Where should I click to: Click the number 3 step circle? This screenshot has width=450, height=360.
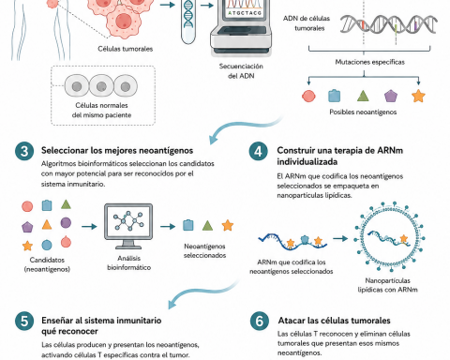tap(24, 151)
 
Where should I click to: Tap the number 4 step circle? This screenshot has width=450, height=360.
tap(258, 151)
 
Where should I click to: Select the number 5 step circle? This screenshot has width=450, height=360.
tap(24, 321)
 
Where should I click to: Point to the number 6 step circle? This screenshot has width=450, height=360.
tap(260, 321)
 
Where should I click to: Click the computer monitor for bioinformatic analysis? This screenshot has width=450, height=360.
tap(128, 226)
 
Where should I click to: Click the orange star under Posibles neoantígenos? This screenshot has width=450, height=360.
tap(418, 96)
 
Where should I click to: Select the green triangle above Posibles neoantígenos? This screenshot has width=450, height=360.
tap(363, 96)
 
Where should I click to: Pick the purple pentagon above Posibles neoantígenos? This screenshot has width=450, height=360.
tap(391, 96)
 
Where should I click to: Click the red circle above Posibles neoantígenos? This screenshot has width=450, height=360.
tap(308, 96)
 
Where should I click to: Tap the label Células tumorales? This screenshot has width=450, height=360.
tap(126, 49)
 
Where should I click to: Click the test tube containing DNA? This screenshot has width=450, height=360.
tap(188, 22)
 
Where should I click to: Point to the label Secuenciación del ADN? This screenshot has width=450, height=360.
tap(241, 71)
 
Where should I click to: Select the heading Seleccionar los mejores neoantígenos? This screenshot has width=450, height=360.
tap(117, 150)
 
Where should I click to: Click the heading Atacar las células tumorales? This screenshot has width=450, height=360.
tap(334, 321)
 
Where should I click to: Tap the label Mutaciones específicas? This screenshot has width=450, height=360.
tap(369, 62)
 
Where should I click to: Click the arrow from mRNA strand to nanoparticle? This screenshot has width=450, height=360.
tap(340, 239)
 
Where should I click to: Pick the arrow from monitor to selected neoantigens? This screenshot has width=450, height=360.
tap(168, 226)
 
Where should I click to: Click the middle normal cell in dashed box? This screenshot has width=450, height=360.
tap(101, 85)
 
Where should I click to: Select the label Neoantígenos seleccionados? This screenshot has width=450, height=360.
tap(204, 250)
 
